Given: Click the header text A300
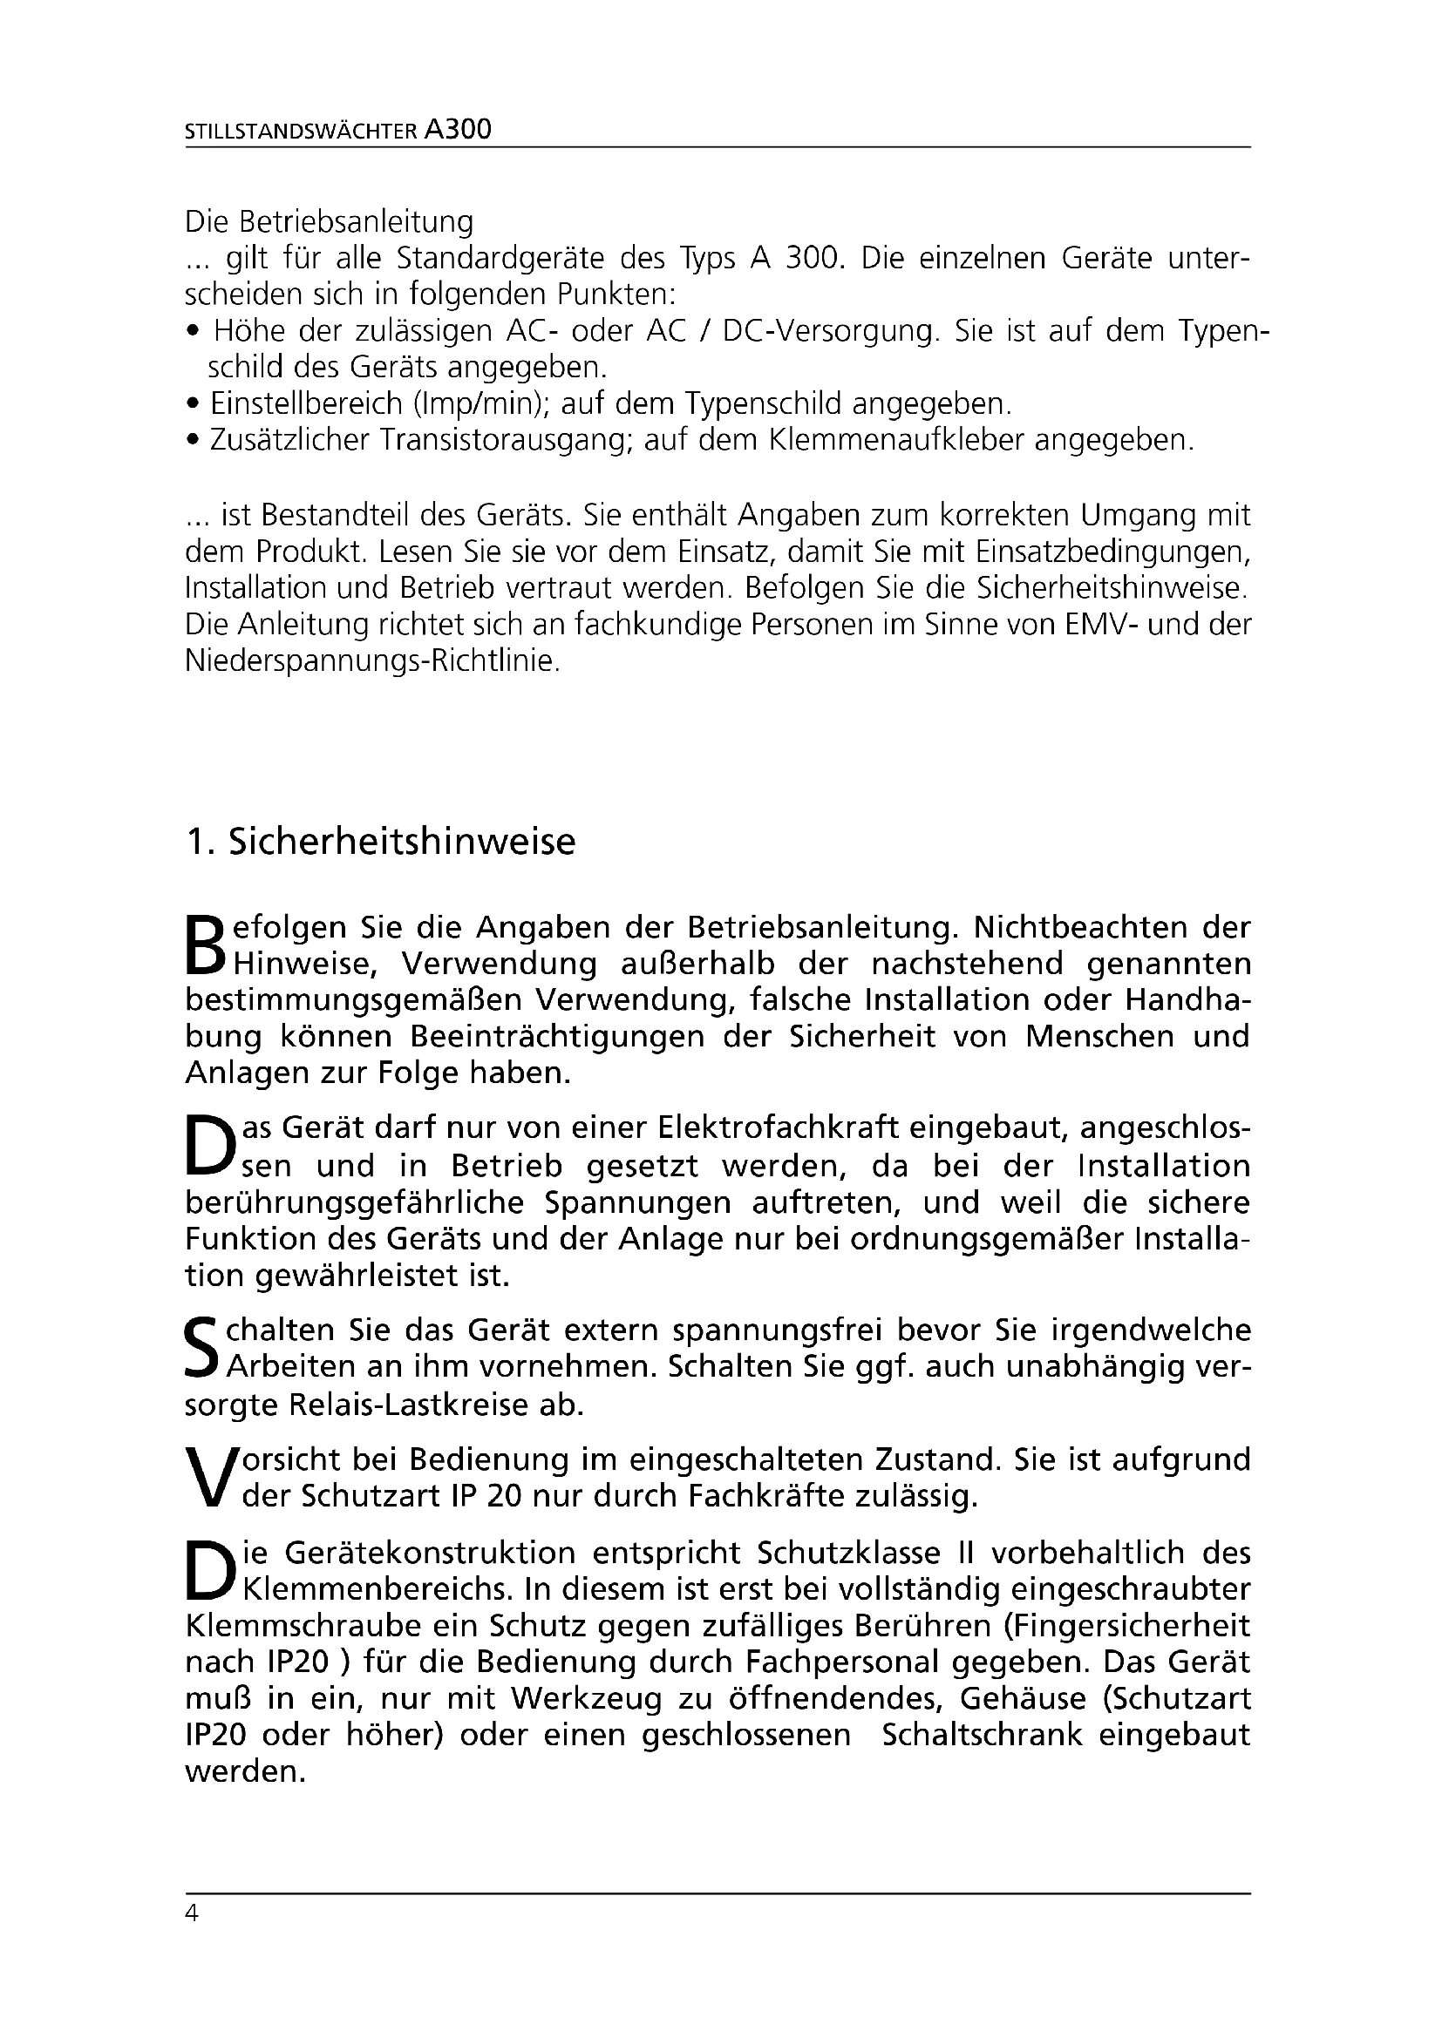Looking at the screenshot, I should pos(459,131).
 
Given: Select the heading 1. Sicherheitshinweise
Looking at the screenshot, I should pos(380,842).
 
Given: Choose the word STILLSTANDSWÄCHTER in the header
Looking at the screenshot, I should pos(300,132).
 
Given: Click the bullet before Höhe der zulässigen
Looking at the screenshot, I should pos(193,332).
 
